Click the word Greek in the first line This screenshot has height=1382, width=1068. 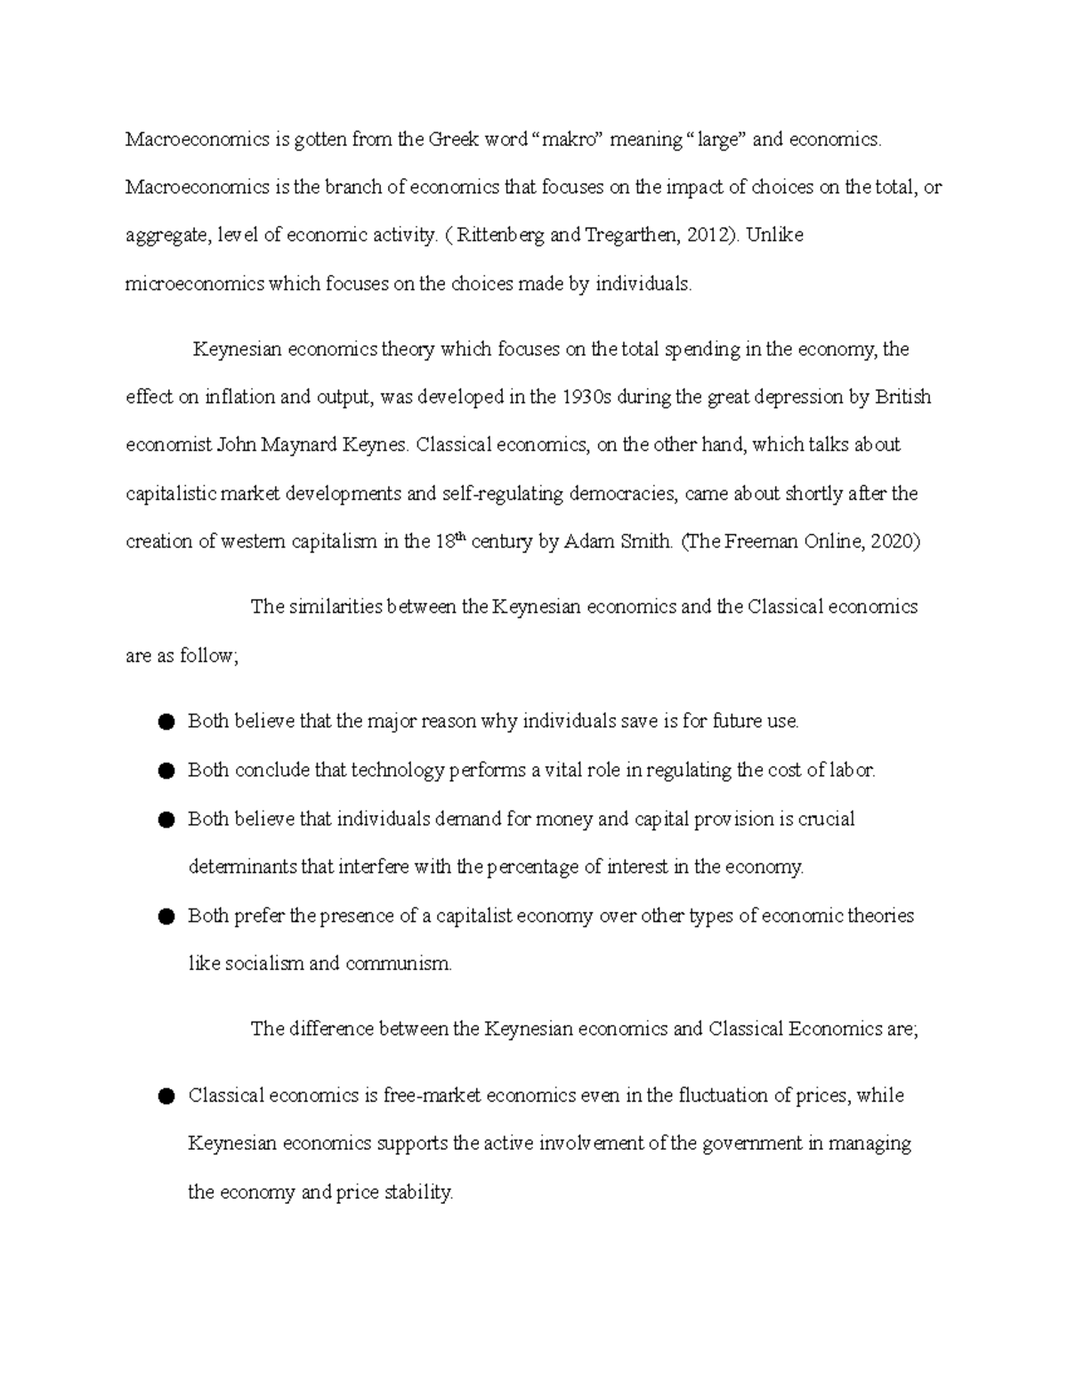click(454, 139)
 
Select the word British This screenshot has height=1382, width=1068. click(902, 397)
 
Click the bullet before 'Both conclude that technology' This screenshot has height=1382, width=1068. click(166, 772)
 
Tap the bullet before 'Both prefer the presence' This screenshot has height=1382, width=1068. click(166, 917)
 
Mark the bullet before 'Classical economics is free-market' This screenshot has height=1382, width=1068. click(166, 1097)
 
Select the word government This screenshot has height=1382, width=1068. click(752, 1144)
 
